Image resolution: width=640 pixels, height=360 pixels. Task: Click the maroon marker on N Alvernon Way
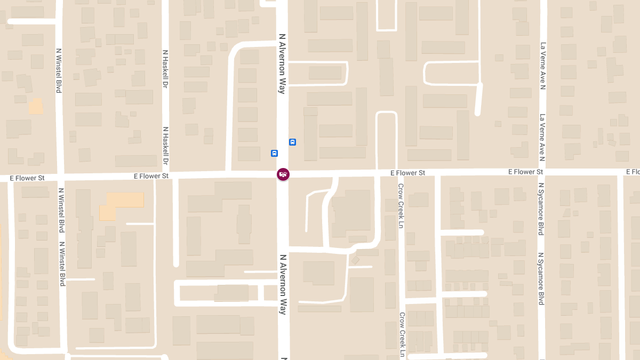283,174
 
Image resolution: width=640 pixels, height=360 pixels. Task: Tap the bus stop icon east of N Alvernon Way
292,142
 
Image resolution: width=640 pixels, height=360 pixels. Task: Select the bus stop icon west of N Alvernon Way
274,153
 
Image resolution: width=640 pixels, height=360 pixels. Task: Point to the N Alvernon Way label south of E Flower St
283,284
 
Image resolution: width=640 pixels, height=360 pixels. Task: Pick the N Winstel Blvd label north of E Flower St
59,70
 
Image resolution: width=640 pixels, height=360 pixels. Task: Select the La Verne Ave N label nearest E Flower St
542,138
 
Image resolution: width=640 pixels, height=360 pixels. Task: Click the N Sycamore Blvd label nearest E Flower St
541,209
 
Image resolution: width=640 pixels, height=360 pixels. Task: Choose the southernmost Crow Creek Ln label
402,334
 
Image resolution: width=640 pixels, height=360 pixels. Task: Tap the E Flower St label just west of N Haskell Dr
151,175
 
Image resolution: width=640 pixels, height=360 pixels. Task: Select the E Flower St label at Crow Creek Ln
407,173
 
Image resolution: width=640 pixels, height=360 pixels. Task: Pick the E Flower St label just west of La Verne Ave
525,172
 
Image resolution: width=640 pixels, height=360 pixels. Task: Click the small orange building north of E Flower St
36,106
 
